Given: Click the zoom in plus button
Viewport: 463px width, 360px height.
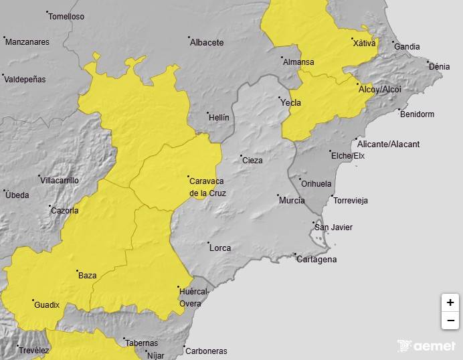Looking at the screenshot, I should pyautogui.click(x=450, y=302).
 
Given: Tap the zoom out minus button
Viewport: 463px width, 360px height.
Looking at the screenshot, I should pyautogui.click(x=450, y=321).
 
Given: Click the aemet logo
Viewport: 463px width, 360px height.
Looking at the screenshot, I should pyautogui.click(x=426, y=346).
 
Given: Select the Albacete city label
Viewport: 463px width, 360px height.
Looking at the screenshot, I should pyautogui.click(x=207, y=43).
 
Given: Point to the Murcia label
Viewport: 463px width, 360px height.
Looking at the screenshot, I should pyautogui.click(x=292, y=201).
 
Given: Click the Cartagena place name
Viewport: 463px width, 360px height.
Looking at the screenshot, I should pyautogui.click(x=316, y=260).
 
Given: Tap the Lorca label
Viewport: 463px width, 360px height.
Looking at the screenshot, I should pyautogui.click(x=220, y=248).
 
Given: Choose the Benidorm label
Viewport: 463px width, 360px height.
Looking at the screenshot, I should pyautogui.click(x=417, y=114).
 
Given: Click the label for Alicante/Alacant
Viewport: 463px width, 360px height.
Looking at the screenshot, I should pyautogui.click(x=388, y=145).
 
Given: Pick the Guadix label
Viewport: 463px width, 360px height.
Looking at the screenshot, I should pyautogui.click(x=46, y=305).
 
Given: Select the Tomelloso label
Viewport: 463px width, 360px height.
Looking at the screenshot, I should pyautogui.click(x=67, y=17).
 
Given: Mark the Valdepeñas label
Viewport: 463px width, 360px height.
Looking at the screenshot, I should pyautogui.click(x=25, y=79).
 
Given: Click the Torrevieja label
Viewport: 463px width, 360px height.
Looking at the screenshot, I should pyautogui.click(x=350, y=201).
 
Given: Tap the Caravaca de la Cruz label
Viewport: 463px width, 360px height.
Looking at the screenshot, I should pyautogui.click(x=207, y=187).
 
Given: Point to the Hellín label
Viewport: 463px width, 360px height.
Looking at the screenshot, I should pyautogui.click(x=219, y=118).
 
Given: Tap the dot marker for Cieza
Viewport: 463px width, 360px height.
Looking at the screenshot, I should pyautogui.click(x=242, y=156).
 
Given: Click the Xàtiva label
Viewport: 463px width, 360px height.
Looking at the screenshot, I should pyautogui.click(x=364, y=43).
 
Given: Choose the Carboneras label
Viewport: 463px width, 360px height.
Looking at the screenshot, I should pyautogui.click(x=206, y=351).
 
